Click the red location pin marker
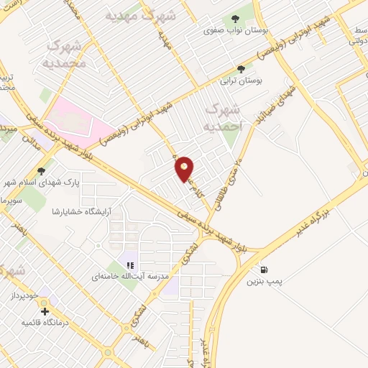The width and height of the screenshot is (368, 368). [185, 168]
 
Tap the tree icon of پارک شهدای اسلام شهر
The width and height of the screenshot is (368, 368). [40, 170]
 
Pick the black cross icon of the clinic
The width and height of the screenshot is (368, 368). [45, 311]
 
